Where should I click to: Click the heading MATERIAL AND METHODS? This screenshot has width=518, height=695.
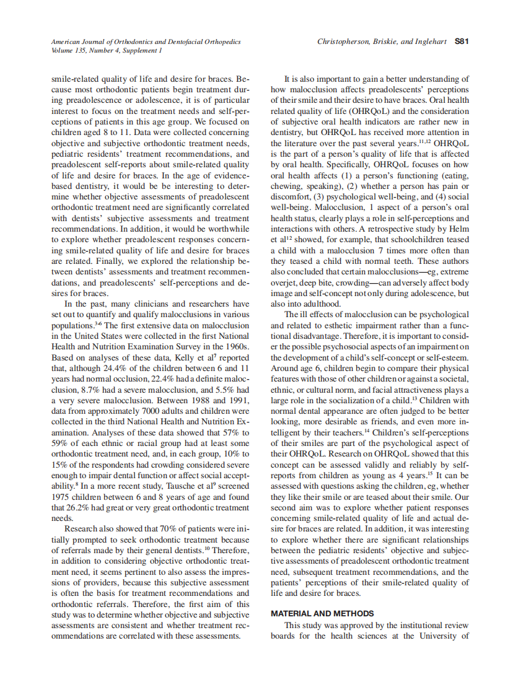pyautogui.click(x=322, y=613)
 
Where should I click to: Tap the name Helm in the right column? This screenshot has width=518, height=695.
pyautogui.click(x=459, y=228)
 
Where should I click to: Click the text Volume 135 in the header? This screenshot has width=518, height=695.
pyautogui.click(x=69, y=51)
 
